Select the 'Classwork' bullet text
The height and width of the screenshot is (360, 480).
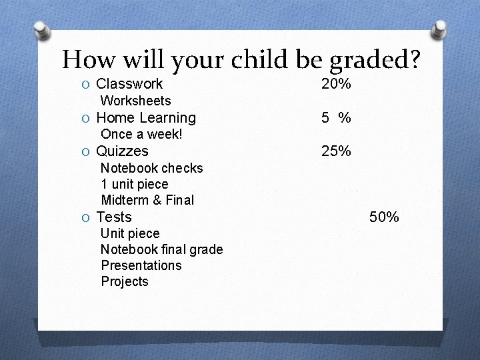129,84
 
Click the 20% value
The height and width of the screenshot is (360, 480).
336,84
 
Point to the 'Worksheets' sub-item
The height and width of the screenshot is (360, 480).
135,101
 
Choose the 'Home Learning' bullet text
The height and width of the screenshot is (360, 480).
146,118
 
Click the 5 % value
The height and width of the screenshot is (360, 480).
336,118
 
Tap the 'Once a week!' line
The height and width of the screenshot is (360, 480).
141,134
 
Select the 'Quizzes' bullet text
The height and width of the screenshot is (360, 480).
123,151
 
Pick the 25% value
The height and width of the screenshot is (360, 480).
336,151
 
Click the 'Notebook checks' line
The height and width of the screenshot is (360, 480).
151,168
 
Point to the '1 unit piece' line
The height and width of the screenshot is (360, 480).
135,184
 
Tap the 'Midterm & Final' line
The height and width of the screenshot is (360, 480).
147,200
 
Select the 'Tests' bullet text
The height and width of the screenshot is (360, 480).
114,217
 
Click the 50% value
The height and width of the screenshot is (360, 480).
384,217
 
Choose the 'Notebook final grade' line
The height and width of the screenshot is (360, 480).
161,249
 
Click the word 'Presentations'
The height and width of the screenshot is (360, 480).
141,265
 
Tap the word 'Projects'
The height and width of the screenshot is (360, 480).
125,281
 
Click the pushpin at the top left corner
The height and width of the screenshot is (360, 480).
41,30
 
